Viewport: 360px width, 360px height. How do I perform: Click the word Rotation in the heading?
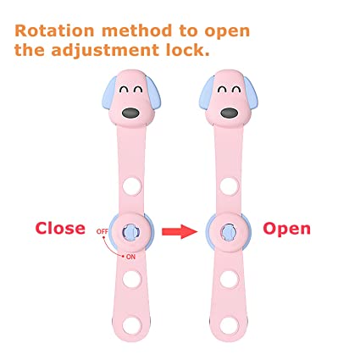click(x=54, y=30)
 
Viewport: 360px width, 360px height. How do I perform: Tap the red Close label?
click(x=60, y=228)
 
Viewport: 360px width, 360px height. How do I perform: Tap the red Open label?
click(x=286, y=230)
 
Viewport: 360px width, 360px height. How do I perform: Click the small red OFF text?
click(x=102, y=231)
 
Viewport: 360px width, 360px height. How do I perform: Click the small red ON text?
click(x=130, y=257)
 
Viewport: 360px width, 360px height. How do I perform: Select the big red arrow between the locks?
click(x=180, y=231)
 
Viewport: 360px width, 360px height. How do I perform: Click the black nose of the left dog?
click(x=130, y=114)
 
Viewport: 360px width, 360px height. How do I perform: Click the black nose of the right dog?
click(x=230, y=114)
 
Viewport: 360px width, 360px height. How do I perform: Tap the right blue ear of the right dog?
click(x=251, y=92)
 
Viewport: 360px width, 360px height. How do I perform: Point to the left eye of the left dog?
click(x=124, y=90)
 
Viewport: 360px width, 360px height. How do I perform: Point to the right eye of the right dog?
click(x=236, y=90)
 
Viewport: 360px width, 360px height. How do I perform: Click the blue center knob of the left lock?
click(x=130, y=232)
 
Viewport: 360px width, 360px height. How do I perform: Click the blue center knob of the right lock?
click(x=229, y=232)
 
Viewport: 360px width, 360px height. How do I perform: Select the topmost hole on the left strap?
click(x=132, y=186)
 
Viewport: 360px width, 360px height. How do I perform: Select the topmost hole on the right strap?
click(x=229, y=186)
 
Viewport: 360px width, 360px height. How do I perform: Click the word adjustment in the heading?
click(x=105, y=51)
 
